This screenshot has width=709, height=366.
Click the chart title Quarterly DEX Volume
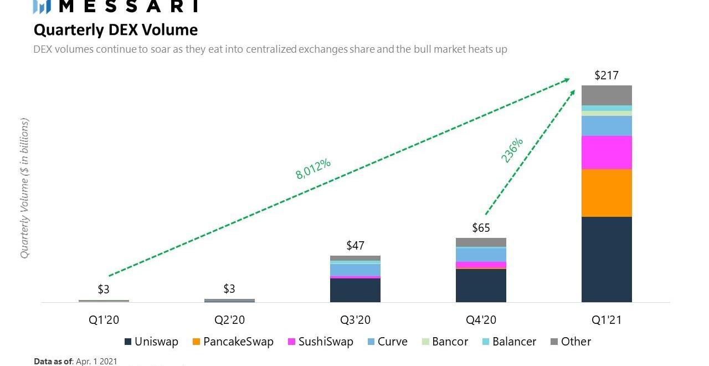tap(115, 29)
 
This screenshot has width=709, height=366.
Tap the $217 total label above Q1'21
tap(606, 75)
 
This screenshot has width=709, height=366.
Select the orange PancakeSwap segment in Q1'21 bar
tap(607, 192)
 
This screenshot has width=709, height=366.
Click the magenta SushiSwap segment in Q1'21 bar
tap(607, 152)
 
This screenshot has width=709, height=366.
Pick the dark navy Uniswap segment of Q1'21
tap(607, 259)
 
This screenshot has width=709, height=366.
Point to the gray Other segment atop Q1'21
tap(607, 95)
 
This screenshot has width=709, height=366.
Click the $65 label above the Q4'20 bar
tap(481, 228)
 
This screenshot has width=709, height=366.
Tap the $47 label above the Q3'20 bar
tap(355, 246)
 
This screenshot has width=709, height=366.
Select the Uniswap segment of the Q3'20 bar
tap(355, 290)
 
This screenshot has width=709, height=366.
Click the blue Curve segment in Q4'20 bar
tap(481, 255)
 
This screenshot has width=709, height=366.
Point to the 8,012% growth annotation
tap(313, 169)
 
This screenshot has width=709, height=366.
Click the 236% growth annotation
tap(512, 150)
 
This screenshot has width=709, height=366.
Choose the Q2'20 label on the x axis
tap(229, 320)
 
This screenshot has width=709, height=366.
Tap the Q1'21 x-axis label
tap(607, 320)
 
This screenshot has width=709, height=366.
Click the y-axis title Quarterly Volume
tap(24, 189)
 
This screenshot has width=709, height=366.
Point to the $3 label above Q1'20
tap(104, 289)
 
